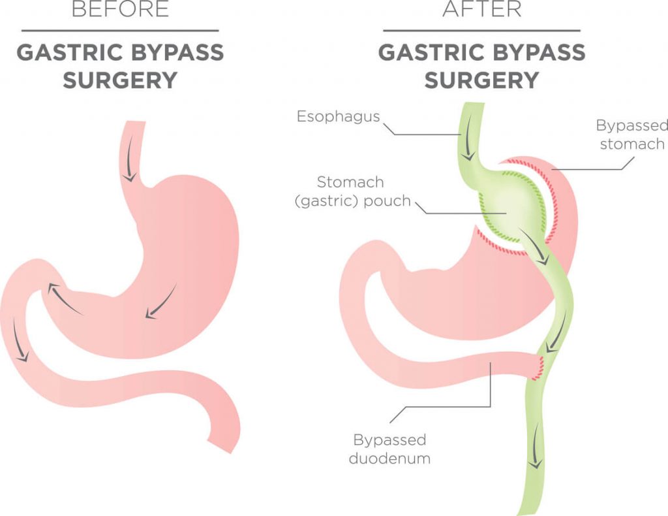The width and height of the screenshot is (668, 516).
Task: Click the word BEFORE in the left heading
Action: (120, 9)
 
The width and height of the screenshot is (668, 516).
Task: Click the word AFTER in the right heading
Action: (482, 9)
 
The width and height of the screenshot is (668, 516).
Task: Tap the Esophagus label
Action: (339, 116)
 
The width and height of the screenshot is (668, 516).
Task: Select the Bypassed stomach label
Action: (632, 135)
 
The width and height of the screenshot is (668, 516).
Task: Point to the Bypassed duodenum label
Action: (389, 449)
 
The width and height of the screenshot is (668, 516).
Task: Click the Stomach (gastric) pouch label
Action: (353, 191)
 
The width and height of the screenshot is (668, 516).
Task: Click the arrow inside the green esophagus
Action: (468, 138)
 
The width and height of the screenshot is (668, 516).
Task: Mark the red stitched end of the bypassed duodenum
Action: (538, 367)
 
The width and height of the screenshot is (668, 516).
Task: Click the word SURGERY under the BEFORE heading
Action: (120, 80)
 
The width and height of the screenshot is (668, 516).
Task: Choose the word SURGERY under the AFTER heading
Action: (482, 80)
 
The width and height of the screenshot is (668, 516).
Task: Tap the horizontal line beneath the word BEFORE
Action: (120, 31)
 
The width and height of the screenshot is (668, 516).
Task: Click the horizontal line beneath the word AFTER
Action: (482, 31)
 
